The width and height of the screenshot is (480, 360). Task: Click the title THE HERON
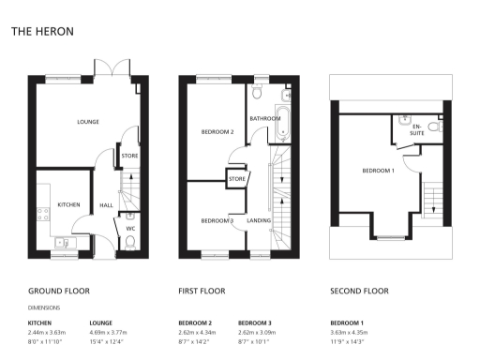click(42, 31)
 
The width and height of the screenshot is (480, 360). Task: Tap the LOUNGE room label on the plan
click(88, 123)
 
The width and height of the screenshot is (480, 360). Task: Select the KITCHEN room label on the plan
click(68, 204)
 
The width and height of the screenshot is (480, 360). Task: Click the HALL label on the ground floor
click(107, 204)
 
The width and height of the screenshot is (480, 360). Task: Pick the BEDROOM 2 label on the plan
click(217, 132)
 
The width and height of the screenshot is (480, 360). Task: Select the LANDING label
click(259, 220)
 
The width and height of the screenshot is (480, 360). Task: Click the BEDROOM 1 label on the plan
click(379, 171)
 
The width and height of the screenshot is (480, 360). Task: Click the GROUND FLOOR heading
click(58, 291)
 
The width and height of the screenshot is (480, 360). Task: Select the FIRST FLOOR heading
click(202, 291)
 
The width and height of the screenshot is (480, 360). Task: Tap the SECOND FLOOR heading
click(359, 291)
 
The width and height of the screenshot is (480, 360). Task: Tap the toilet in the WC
click(129, 242)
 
